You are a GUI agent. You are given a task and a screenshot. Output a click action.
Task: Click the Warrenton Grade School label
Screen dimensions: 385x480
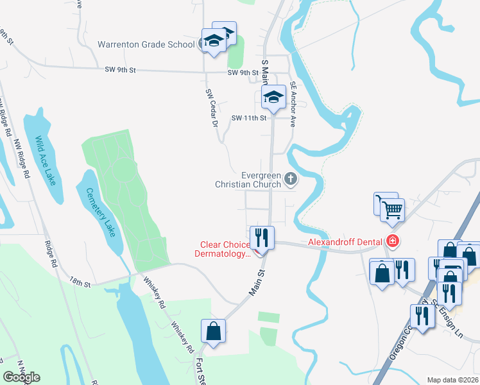[x=146, y=45]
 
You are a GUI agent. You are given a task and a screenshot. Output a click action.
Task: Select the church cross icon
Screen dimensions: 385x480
[x=291, y=179]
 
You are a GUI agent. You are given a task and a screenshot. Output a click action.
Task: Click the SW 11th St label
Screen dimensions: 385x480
[x=248, y=118]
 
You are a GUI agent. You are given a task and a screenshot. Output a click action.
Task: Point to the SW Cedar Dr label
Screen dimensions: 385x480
[x=212, y=107]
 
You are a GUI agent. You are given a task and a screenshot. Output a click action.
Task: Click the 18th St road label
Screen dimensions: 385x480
[x=81, y=280]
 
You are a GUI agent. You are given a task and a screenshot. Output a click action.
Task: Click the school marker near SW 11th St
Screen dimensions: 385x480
[x=273, y=98]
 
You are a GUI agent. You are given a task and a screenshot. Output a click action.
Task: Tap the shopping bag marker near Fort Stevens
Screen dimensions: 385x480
[x=214, y=332]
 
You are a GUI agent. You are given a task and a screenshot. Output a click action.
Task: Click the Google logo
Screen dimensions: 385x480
[x=21, y=377]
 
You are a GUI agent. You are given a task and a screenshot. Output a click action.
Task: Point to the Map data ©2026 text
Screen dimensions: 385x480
[x=452, y=380]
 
